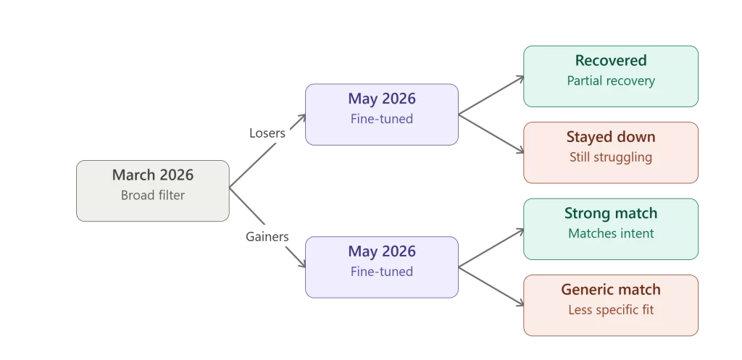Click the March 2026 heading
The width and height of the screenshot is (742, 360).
[153, 175]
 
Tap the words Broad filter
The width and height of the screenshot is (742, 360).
[153, 195]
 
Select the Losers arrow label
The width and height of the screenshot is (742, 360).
[267, 133]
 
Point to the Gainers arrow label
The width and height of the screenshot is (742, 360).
[267, 237]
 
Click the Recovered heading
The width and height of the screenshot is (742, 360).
[611, 61]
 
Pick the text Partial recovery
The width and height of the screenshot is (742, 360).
[611, 81]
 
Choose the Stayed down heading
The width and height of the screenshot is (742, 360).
[611, 137]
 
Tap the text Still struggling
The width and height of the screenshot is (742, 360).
[611, 157]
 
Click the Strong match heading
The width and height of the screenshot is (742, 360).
[611, 214]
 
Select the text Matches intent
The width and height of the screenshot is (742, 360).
[611, 233]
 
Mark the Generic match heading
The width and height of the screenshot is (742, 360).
[611, 290]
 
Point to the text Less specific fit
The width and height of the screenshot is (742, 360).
[611, 310]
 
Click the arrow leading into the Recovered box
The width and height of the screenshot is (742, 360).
[491, 96]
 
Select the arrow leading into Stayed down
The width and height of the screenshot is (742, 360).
[491, 134]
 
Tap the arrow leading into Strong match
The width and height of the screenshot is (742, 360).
[491, 248]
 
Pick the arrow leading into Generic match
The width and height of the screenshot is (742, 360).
[491, 287]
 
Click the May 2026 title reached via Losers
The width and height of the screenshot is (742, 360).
[382, 99]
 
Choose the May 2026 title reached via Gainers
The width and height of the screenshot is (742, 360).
[382, 251]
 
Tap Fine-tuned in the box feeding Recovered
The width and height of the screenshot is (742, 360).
[382, 119]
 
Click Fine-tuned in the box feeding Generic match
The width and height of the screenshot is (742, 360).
[382, 272]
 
